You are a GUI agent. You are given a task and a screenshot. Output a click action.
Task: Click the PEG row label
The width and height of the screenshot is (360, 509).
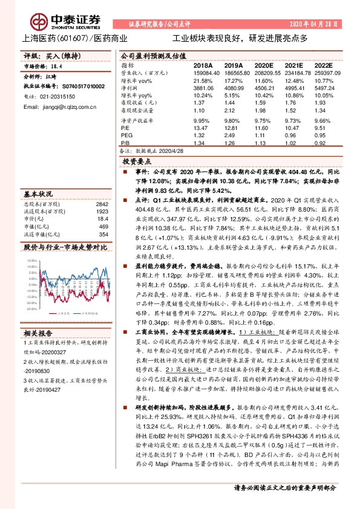click(126, 137)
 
